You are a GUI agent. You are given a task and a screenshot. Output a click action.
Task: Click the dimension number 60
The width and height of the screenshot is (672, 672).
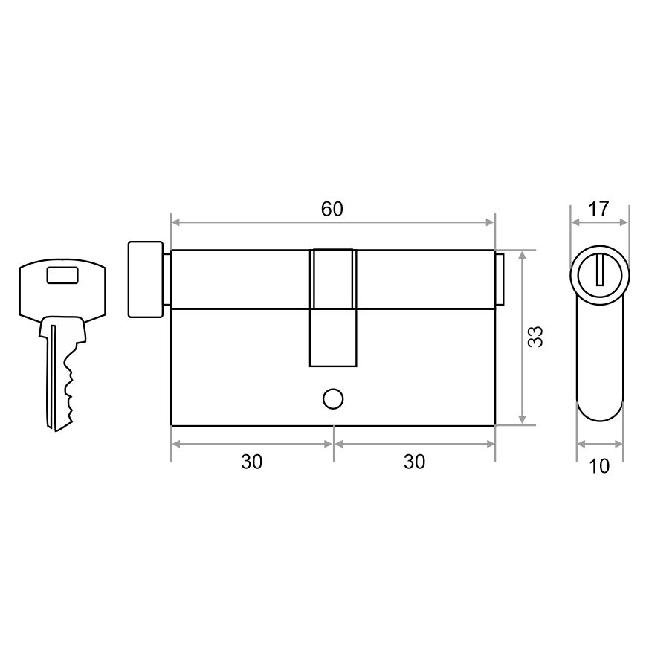(332, 209)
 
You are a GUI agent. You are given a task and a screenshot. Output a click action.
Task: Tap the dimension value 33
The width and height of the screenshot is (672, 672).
(535, 337)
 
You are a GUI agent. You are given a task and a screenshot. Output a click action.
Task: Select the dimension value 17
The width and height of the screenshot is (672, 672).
(598, 209)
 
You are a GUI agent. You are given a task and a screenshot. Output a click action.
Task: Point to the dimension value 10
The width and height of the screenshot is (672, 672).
(599, 466)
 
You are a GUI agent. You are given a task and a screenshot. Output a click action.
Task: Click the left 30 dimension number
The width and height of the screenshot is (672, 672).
(251, 462)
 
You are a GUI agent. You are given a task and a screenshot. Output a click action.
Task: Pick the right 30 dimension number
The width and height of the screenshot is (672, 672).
(415, 462)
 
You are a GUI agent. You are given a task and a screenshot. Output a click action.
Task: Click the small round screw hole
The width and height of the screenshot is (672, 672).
(333, 399)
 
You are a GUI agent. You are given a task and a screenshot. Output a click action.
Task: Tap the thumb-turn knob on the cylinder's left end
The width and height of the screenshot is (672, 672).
(145, 280)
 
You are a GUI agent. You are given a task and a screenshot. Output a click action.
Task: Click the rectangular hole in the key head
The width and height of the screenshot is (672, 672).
(62, 275)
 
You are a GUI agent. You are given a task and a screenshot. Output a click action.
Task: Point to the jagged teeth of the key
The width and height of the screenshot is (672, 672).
(68, 386)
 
